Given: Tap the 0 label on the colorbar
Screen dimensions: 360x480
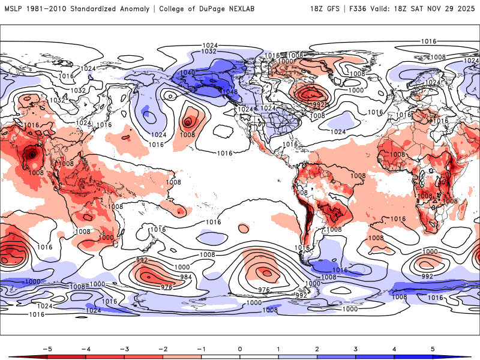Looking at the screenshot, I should (240, 348).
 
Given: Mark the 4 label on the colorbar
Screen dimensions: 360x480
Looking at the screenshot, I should (394, 348).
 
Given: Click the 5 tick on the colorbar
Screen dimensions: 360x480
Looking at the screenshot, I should (433, 348).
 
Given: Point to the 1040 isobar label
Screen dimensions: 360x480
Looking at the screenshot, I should (188, 73).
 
